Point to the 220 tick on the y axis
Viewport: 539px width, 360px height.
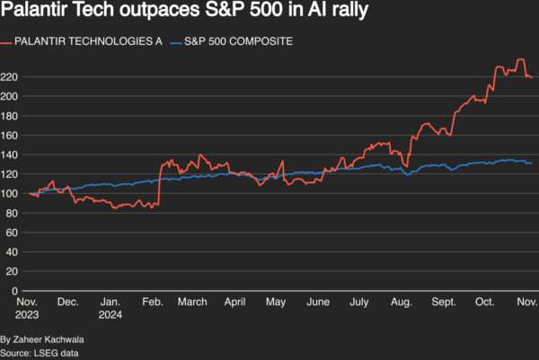[x=11, y=77]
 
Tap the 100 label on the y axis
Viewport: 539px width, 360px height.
[x=11, y=194]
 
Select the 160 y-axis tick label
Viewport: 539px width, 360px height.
[x=11, y=136]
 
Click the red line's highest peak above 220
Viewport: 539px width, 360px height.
[x=521, y=60]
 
